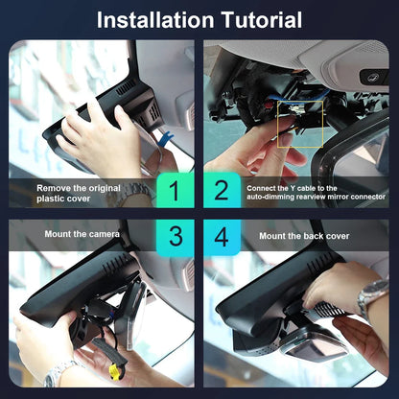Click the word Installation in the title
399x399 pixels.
click(x=155, y=20)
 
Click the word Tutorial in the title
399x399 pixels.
click(x=262, y=20)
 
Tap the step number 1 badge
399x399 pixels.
click(x=175, y=191)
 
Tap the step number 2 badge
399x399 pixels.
click(x=222, y=191)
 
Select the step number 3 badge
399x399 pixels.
click(x=176, y=237)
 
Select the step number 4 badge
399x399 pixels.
click(x=222, y=237)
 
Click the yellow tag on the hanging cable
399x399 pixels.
click(x=114, y=372)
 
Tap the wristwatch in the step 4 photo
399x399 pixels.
click(x=372, y=295)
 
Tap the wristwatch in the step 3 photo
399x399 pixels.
click(x=59, y=373)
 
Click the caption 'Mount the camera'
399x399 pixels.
click(x=82, y=234)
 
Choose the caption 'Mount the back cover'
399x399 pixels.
click(x=304, y=236)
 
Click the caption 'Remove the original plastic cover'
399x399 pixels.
click(x=79, y=193)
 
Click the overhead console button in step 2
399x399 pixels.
click(x=373, y=77)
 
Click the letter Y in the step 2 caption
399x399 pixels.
click(x=293, y=188)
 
